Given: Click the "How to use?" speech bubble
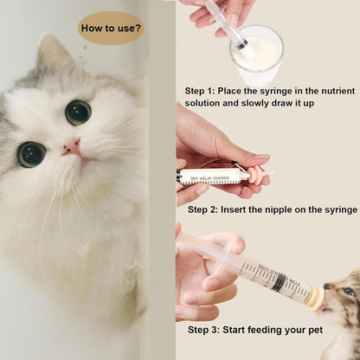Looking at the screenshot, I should click(x=111, y=28).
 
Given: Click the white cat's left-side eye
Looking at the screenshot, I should click(x=32, y=154).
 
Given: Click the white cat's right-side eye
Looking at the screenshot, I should click(x=78, y=112).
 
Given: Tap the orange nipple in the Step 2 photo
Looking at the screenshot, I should click(x=254, y=175).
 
